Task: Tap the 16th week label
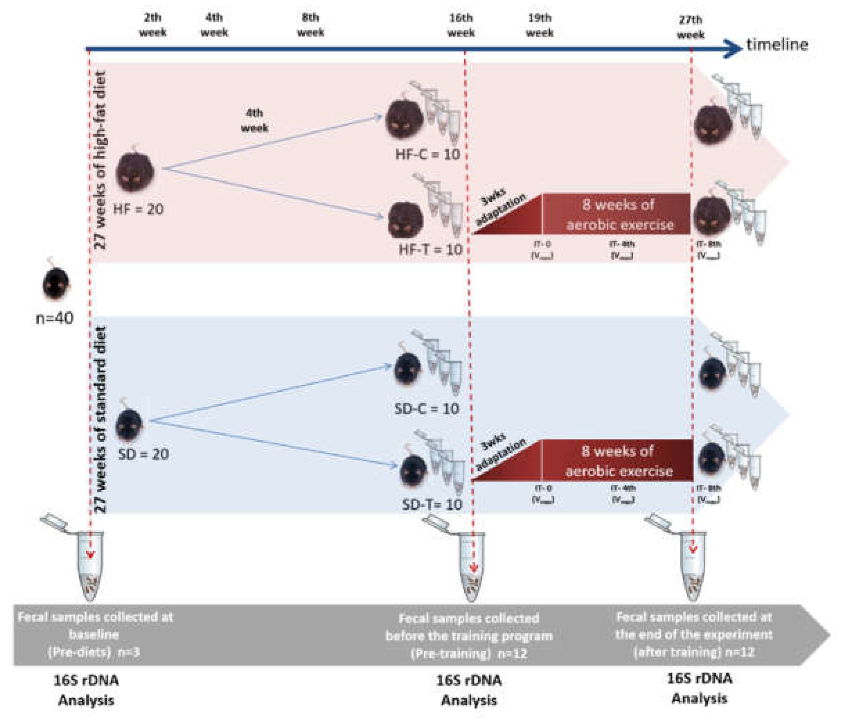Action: point(461,25)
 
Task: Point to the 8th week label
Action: point(310,25)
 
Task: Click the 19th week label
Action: point(539,25)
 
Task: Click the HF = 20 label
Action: point(138,209)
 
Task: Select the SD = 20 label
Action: point(143,453)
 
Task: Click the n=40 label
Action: point(55,318)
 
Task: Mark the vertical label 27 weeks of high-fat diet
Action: point(100,161)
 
